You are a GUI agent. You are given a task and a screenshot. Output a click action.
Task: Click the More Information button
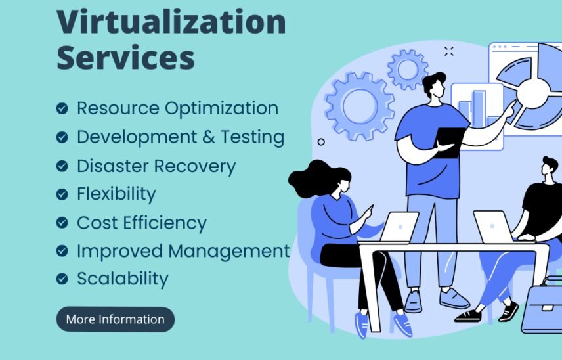point(115,319)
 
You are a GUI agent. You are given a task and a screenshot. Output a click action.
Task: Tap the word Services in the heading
point(125,57)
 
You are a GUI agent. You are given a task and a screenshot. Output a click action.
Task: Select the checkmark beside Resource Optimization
point(62,108)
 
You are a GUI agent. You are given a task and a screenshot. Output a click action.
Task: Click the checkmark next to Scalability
point(62,279)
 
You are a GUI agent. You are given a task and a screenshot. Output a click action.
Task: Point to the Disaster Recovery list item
point(156,166)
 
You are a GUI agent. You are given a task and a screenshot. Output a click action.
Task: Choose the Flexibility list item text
point(116,194)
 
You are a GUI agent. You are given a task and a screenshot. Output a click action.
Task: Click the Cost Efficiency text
point(141,223)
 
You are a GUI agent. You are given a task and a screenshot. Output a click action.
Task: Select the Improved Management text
point(183,251)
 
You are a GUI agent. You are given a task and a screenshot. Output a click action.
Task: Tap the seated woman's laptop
point(399,227)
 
